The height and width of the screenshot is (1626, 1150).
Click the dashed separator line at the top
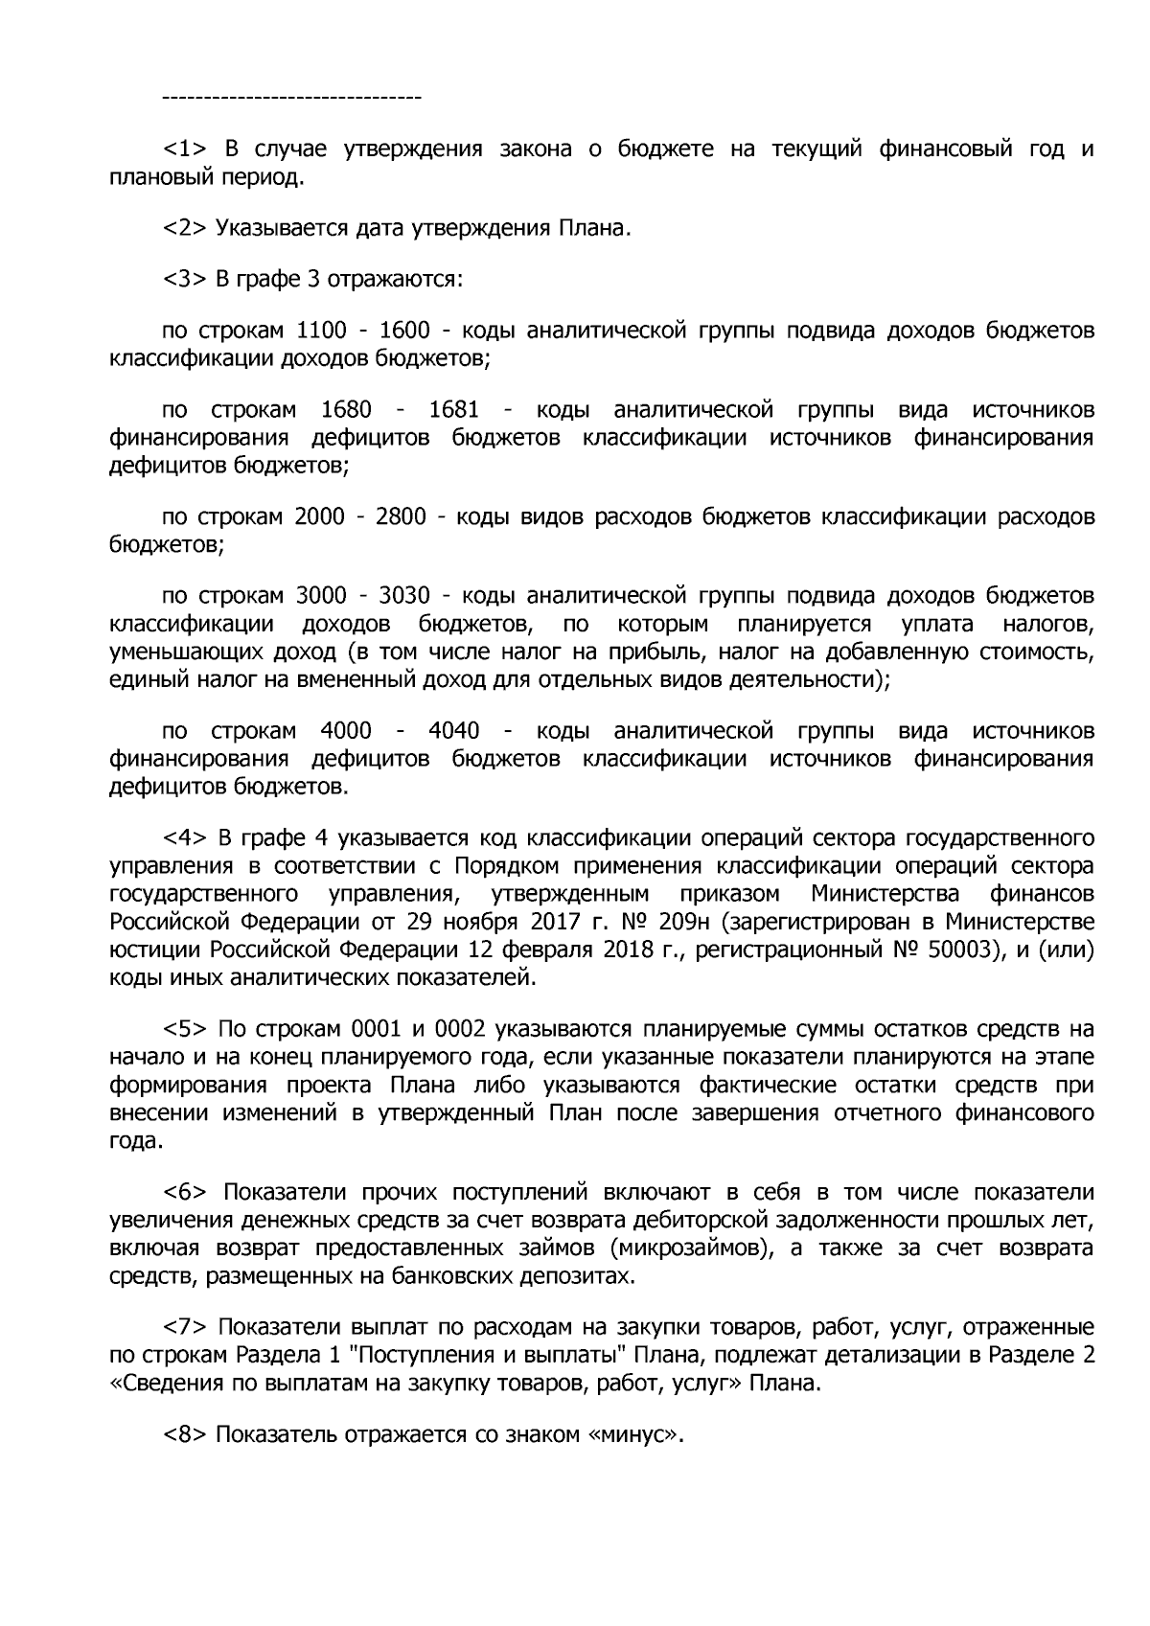click(x=292, y=98)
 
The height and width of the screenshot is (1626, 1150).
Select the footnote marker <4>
click(x=184, y=838)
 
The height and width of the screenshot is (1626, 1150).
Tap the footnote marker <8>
click(x=184, y=1434)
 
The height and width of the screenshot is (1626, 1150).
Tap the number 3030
click(x=404, y=597)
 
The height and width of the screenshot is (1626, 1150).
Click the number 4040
click(x=453, y=731)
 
